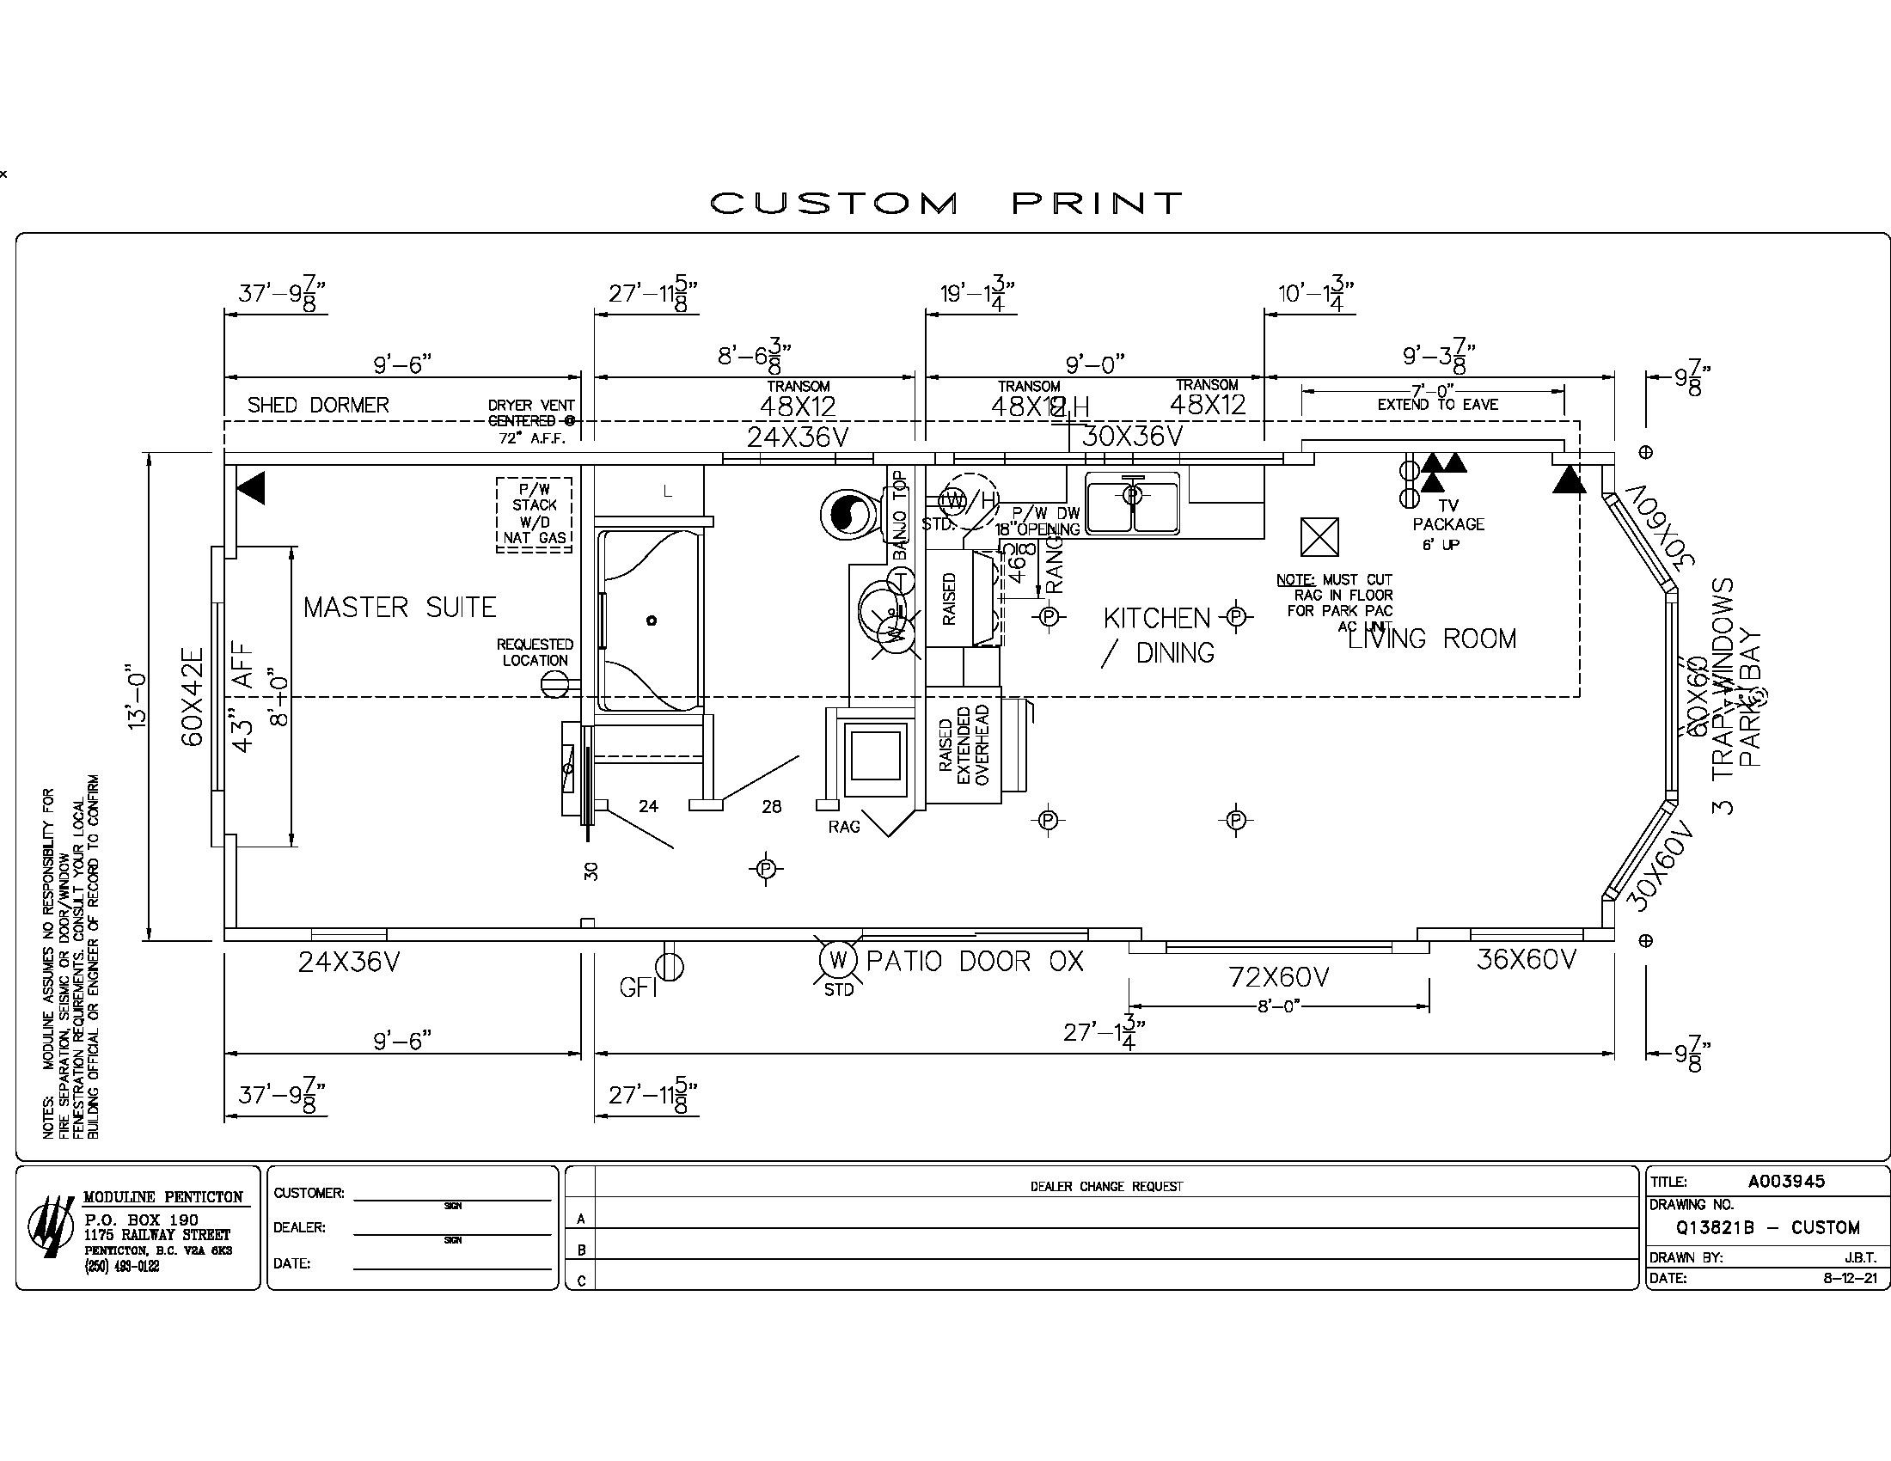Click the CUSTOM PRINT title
point(945,204)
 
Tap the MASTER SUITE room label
point(400,608)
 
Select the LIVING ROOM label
point(1432,639)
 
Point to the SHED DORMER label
point(318,405)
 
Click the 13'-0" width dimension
point(137,697)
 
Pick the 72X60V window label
point(1279,977)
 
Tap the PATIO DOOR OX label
point(975,962)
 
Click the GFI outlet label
point(638,987)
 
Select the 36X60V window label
point(1527,960)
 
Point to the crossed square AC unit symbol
point(1319,537)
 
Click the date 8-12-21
point(1850,1277)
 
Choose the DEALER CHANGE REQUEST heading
point(1105,1187)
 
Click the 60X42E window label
point(193,697)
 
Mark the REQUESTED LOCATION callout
point(535,652)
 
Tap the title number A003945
point(1785,1182)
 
